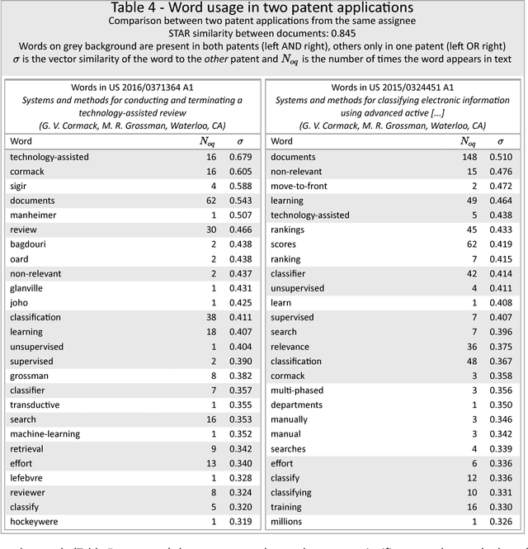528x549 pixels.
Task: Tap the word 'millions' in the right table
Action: click(289, 521)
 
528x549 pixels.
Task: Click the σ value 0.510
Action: click(501, 157)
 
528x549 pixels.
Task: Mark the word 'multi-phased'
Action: click(298, 390)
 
